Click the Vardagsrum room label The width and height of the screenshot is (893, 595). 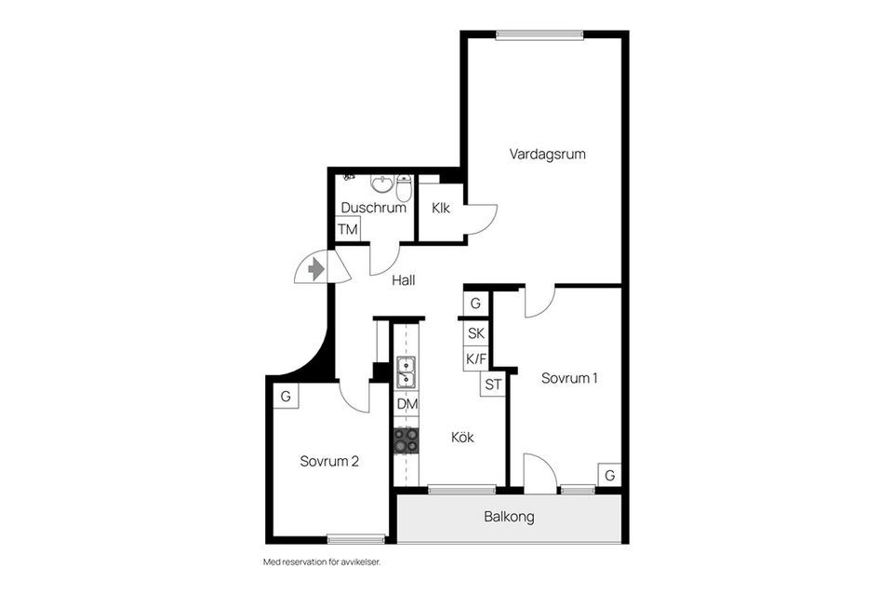(x=547, y=155)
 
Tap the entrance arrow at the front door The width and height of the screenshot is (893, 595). (x=316, y=268)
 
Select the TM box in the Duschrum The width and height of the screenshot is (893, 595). (x=347, y=230)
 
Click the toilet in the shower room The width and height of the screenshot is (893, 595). (x=404, y=188)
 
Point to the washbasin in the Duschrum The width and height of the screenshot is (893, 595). (x=381, y=183)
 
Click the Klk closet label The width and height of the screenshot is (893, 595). (x=440, y=209)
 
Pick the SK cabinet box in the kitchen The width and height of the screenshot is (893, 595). (x=475, y=332)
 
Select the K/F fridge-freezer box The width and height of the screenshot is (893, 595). (x=476, y=359)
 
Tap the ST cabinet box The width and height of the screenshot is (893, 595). (x=493, y=385)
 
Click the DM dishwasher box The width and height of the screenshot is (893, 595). (x=407, y=405)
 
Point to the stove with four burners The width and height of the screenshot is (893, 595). (x=407, y=441)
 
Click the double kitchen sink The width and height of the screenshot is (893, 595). (x=407, y=372)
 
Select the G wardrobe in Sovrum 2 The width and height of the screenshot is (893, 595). (x=286, y=396)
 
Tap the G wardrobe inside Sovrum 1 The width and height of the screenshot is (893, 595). (x=609, y=475)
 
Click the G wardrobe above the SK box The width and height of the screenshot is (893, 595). (x=475, y=303)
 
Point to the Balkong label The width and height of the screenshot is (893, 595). (x=509, y=517)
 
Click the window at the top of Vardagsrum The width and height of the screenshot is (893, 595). (x=540, y=35)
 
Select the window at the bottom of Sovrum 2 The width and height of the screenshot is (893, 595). (x=356, y=538)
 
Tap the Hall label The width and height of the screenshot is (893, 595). (x=403, y=280)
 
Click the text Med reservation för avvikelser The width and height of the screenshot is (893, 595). (x=322, y=562)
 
